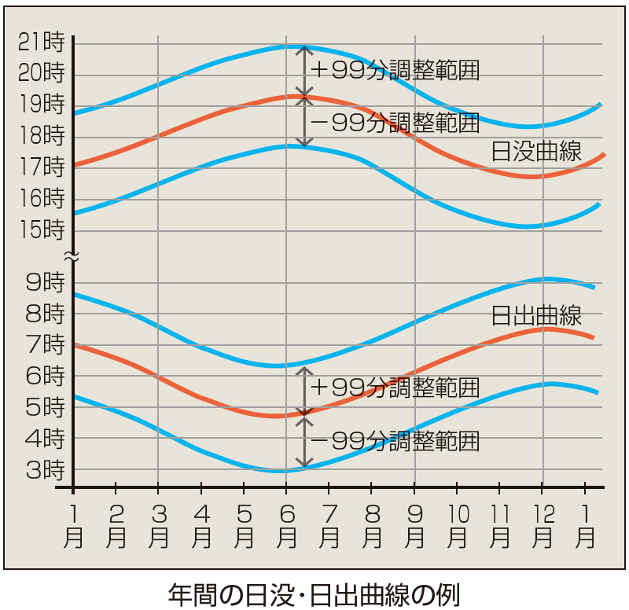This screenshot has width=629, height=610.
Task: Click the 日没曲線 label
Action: coord(536,152)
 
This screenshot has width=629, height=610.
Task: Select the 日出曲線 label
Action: coord(536,316)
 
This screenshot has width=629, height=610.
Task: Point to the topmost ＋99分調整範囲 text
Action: coord(395,70)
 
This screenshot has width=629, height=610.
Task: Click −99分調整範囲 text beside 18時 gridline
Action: coord(395,123)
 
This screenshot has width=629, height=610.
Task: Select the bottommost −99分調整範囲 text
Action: coord(395,441)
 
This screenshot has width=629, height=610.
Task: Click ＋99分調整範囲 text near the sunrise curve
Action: coord(395,388)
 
